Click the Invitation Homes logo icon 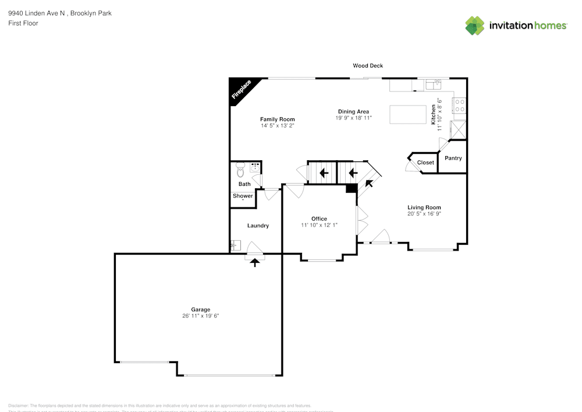(475, 26)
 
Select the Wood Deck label (368, 66)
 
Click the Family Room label (277, 119)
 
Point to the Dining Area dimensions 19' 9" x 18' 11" (353, 118)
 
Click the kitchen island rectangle (408, 114)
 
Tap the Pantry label (453, 159)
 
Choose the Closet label (425, 163)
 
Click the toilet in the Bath (240, 171)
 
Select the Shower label (243, 196)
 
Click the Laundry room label (258, 226)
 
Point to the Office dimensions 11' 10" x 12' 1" (319, 225)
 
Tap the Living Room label (424, 207)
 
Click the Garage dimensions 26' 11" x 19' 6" (200, 316)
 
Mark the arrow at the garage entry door (254, 262)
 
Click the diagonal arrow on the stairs (368, 185)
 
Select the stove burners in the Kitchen (460, 105)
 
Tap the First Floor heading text (23, 23)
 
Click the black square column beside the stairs (351, 188)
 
